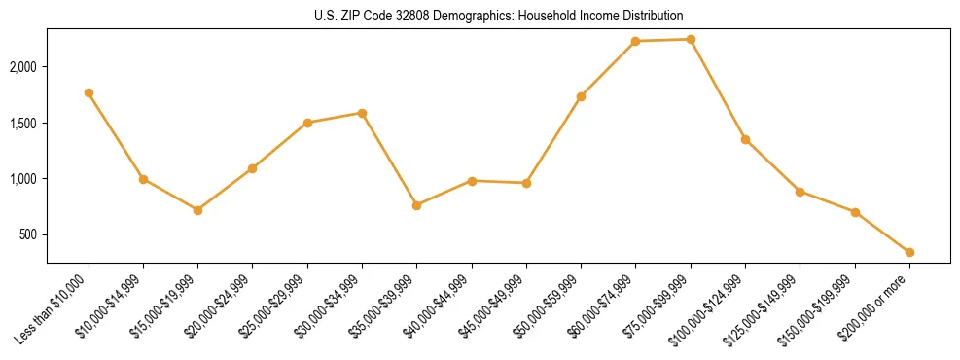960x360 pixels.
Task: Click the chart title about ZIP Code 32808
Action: [480, 16]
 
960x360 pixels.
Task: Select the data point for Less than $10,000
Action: [89, 92]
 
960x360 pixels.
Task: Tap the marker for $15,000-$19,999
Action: [197, 210]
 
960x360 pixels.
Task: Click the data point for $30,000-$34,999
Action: [362, 113]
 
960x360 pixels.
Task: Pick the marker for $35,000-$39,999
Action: [416, 205]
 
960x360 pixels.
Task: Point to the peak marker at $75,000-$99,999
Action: [691, 39]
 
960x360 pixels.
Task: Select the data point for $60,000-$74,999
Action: [635, 41]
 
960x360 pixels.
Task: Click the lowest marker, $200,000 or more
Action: [909, 252]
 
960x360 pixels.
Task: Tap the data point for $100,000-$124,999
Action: [745, 139]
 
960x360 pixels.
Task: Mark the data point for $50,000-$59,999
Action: [581, 96]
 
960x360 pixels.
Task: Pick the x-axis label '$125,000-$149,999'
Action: [767, 310]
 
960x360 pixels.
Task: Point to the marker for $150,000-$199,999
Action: [855, 212]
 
